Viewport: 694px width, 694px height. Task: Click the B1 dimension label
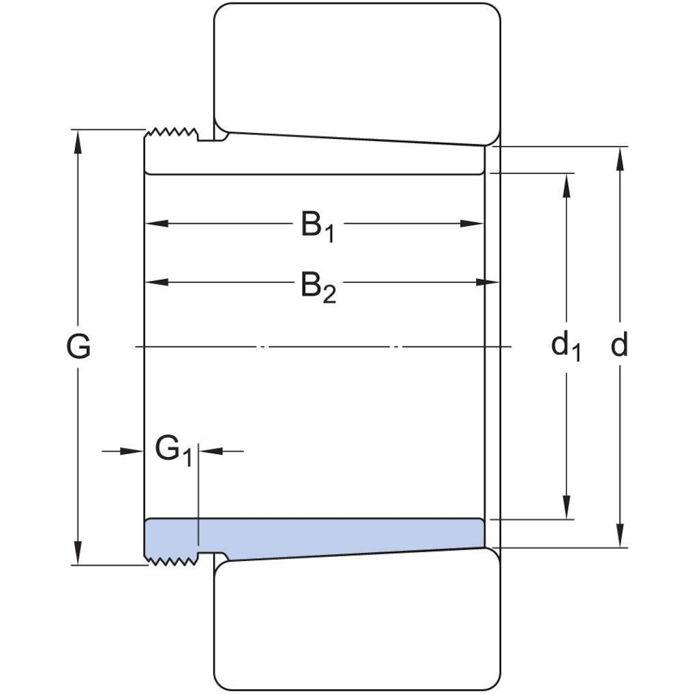[x=317, y=226]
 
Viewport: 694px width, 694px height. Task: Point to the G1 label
[x=173, y=450]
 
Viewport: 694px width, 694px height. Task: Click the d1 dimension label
[x=566, y=346]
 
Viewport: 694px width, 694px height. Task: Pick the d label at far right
[x=619, y=346]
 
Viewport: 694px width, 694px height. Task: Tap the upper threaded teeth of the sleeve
[x=171, y=134]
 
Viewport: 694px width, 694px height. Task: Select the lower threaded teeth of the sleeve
[x=171, y=560]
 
